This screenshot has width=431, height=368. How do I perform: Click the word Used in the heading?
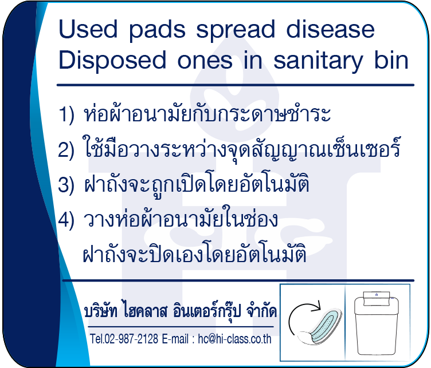click(88, 29)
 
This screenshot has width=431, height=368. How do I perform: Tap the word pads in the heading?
click(157, 30)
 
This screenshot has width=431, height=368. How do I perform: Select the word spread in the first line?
click(236, 30)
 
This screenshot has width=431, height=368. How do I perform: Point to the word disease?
click(330, 29)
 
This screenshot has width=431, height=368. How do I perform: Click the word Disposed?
click(112, 61)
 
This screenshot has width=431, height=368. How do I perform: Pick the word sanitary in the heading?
click(318, 61)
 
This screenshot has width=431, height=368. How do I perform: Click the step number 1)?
click(66, 114)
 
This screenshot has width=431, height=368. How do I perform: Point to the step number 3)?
click(66, 184)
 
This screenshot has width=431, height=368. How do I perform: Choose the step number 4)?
click(66, 220)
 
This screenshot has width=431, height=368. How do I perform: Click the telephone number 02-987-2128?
click(131, 339)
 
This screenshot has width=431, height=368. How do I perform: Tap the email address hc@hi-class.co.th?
click(235, 339)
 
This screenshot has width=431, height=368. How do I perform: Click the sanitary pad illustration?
click(320, 326)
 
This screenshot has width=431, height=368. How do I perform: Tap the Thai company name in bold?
click(181, 311)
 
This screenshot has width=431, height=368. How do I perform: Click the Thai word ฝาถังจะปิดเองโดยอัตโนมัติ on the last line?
click(195, 252)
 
